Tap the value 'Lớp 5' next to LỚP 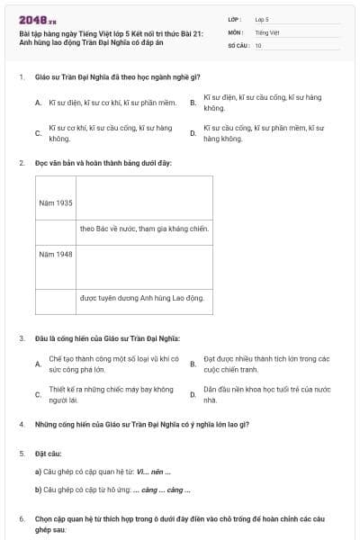262,18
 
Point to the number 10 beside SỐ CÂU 258,45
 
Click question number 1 22,77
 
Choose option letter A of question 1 38,103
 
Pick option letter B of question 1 193,103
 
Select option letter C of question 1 38,133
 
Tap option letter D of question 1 193,133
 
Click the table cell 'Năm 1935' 56,202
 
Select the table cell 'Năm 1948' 56,254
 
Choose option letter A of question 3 38,364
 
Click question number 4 22,423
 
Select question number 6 22,519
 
